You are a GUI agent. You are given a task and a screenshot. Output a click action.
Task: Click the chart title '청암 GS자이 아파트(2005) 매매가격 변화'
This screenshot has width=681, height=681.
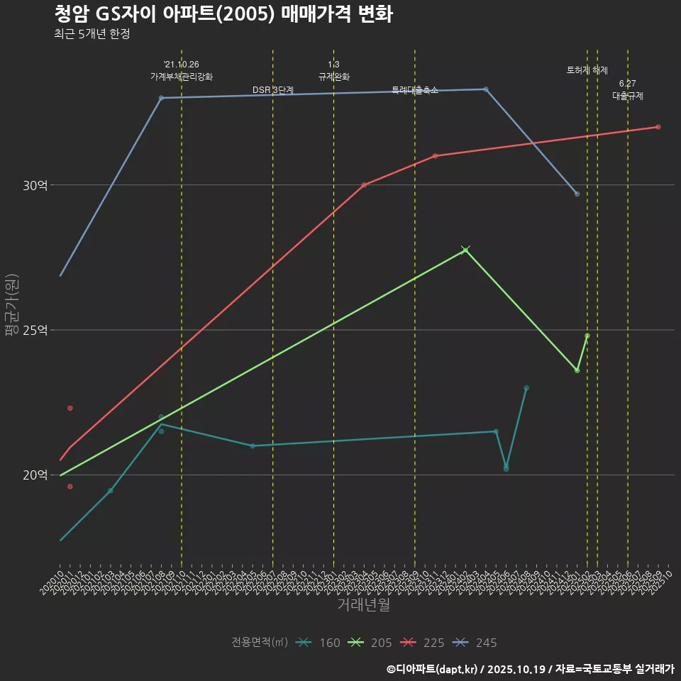[x=223, y=14]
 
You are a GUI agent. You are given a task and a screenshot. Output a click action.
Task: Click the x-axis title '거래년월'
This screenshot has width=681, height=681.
[x=363, y=604]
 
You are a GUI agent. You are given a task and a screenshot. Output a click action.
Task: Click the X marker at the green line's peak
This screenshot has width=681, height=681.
[x=465, y=250]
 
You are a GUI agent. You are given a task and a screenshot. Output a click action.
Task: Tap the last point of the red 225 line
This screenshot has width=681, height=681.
[x=658, y=127]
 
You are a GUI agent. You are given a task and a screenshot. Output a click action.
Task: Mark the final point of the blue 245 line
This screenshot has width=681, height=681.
[x=577, y=194]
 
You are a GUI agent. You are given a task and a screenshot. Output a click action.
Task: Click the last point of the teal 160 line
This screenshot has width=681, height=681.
[x=526, y=388]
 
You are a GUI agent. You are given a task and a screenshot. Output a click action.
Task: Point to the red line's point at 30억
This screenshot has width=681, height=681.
[x=364, y=185]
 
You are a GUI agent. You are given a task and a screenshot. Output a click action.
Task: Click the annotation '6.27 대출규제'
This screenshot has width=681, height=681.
[x=628, y=90]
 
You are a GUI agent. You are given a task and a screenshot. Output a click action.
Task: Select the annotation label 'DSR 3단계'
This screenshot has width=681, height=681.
[x=273, y=90]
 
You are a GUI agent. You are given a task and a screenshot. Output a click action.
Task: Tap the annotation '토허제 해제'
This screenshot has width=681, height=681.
[x=587, y=70]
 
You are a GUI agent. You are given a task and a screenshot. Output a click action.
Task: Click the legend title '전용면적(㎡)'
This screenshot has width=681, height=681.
[x=259, y=643]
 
